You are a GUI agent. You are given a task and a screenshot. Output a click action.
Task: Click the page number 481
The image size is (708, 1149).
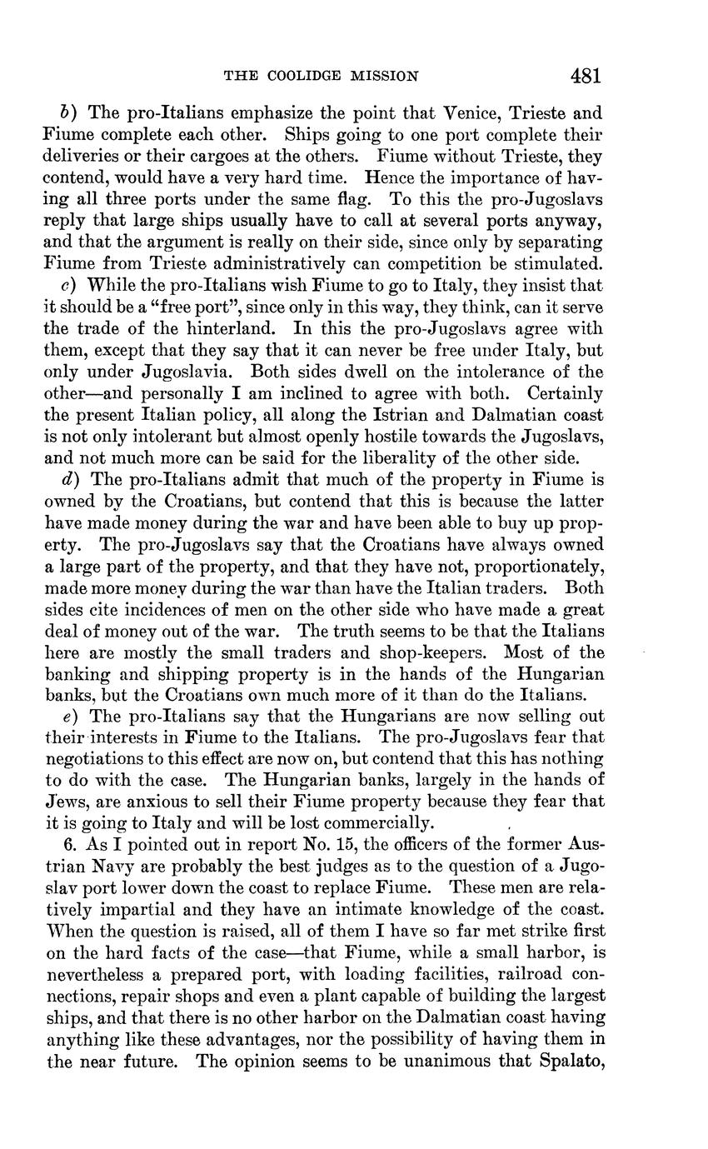coord(586,76)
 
